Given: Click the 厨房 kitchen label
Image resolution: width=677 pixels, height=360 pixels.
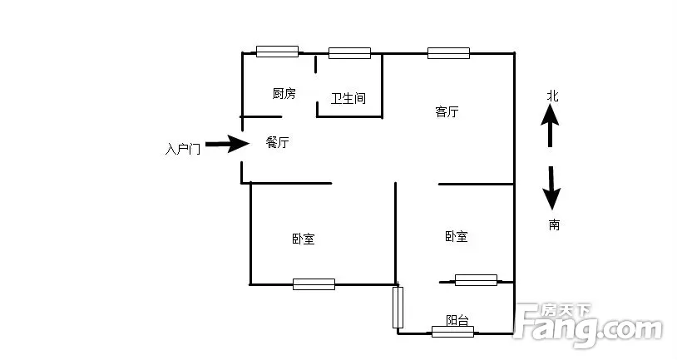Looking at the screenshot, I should pyautogui.click(x=284, y=94).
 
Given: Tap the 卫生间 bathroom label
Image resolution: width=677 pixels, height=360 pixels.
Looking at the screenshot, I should pyautogui.click(x=348, y=99).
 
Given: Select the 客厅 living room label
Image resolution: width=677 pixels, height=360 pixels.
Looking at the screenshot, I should pyautogui.click(x=447, y=112).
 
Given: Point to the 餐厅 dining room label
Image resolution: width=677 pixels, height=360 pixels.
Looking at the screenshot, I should pyautogui.click(x=277, y=143).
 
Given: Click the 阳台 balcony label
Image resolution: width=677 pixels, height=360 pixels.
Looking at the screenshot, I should pyautogui.click(x=457, y=320).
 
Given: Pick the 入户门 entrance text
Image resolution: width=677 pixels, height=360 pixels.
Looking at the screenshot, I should pyautogui.click(x=182, y=150).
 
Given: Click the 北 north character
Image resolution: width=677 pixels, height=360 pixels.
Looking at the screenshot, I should pyautogui.click(x=551, y=96).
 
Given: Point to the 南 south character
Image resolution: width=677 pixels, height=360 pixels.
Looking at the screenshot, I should pyautogui.click(x=553, y=224).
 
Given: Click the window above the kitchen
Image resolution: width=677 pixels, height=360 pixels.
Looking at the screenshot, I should pyautogui.click(x=277, y=52).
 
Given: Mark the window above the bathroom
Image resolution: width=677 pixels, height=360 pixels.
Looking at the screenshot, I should pyautogui.click(x=349, y=53).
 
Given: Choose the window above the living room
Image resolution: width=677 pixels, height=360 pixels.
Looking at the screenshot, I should pyautogui.click(x=448, y=53).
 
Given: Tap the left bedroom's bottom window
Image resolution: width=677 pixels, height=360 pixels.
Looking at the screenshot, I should pyautogui.click(x=314, y=284).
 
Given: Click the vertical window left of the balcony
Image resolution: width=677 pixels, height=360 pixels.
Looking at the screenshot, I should pyautogui.click(x=398, y=307).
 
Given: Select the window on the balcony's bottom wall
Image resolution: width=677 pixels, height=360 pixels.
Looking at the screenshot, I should pyautogui.click(x=452, y=332).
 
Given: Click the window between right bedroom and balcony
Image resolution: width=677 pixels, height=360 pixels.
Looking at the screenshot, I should pyautogui.click(x=476, y=280).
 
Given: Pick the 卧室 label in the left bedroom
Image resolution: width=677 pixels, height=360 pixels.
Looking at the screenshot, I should pyautogui.click(x=304, y=239).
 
